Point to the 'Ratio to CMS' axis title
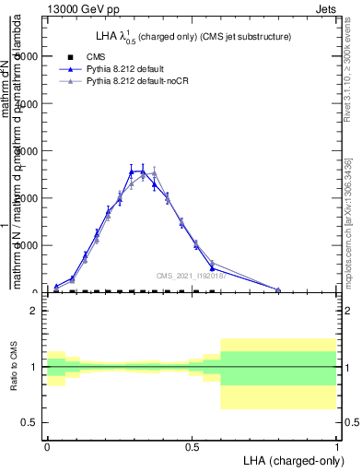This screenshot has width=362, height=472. [16, 367]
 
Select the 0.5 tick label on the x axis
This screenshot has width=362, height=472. [192, 445]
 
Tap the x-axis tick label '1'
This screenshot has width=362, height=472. [337, 445]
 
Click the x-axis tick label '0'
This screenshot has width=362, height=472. [47, 445]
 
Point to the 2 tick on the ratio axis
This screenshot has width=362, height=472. [35, 311]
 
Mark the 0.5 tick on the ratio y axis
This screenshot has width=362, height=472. [30, 422]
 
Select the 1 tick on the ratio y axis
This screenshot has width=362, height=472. [35, 367]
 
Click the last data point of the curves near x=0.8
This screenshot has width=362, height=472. [278, 289]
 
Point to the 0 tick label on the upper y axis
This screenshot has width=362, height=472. [35, 292]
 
